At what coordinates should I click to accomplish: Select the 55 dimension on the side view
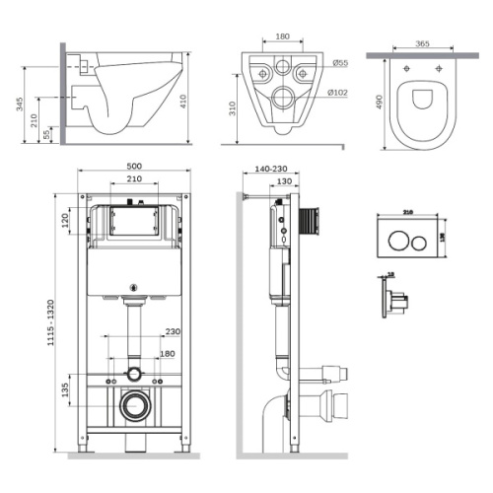click(47, 132)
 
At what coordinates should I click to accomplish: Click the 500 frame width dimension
click(134, 166)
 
